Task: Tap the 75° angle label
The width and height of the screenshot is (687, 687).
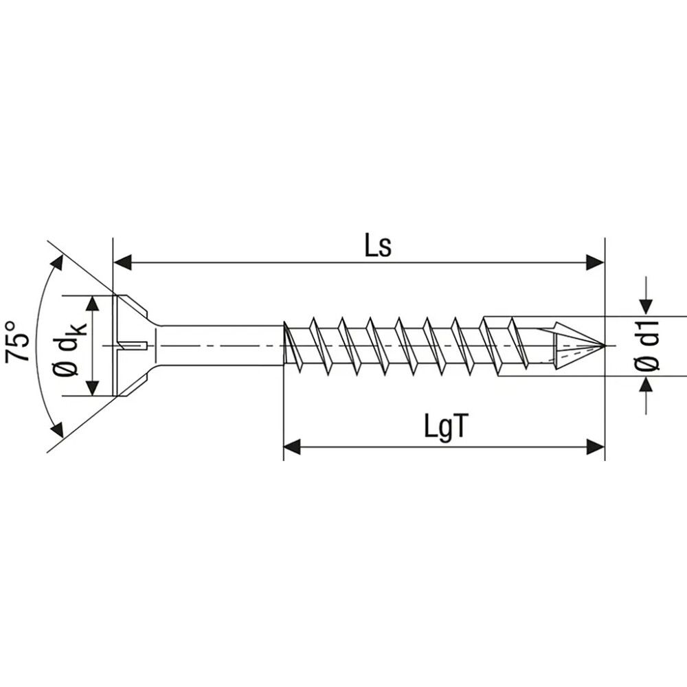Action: [x=18, y=341]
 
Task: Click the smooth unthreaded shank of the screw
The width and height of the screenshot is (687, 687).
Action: [x=220, y=345]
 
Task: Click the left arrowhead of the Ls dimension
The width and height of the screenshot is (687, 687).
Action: [x=122, y=262]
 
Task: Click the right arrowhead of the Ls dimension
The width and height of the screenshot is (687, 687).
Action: [x=595, y=262]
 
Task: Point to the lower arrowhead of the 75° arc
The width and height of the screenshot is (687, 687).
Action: [x=57, y=430]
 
